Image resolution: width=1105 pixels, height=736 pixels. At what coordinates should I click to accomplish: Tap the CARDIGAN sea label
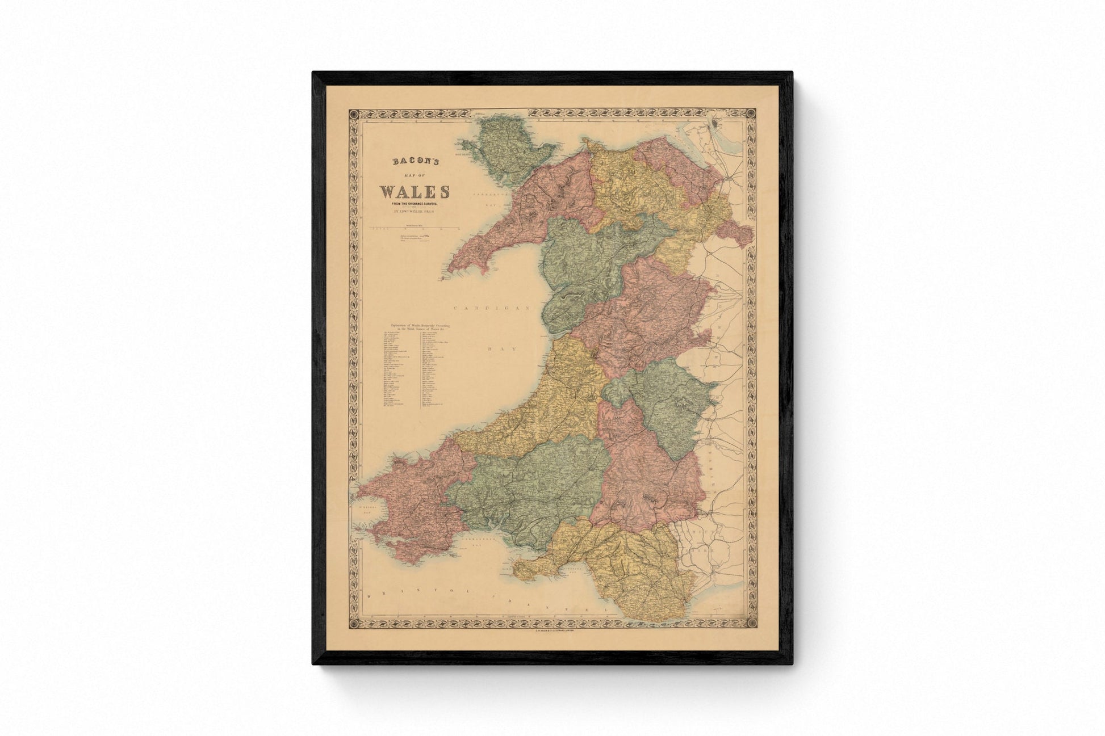tap(492, 308)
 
